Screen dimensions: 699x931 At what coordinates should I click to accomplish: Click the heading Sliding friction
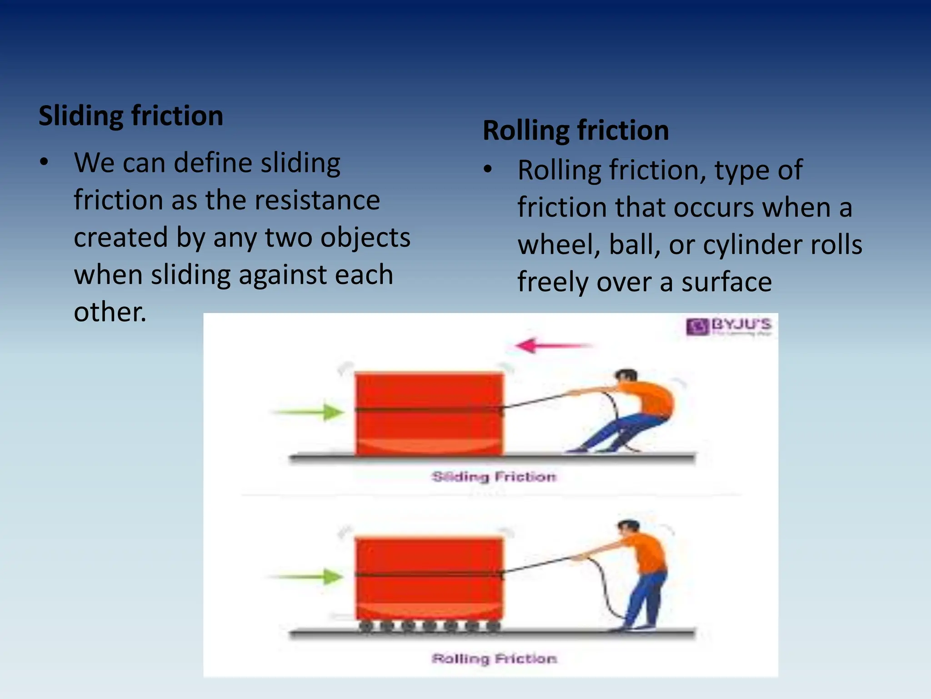131,116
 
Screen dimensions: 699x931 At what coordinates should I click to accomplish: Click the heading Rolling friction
576,131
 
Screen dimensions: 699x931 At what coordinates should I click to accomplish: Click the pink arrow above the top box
552,346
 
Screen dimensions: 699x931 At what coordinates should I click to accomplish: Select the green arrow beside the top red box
309,412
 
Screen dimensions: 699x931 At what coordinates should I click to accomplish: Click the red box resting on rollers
429,578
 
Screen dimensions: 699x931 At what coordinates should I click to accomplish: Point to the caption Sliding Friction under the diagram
494,477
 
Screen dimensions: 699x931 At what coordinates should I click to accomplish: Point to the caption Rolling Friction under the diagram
494,658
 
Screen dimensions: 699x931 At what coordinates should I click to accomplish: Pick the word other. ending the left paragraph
110,312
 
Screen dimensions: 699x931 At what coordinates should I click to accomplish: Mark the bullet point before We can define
44,162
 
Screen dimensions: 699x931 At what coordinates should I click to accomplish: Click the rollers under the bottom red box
429,626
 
